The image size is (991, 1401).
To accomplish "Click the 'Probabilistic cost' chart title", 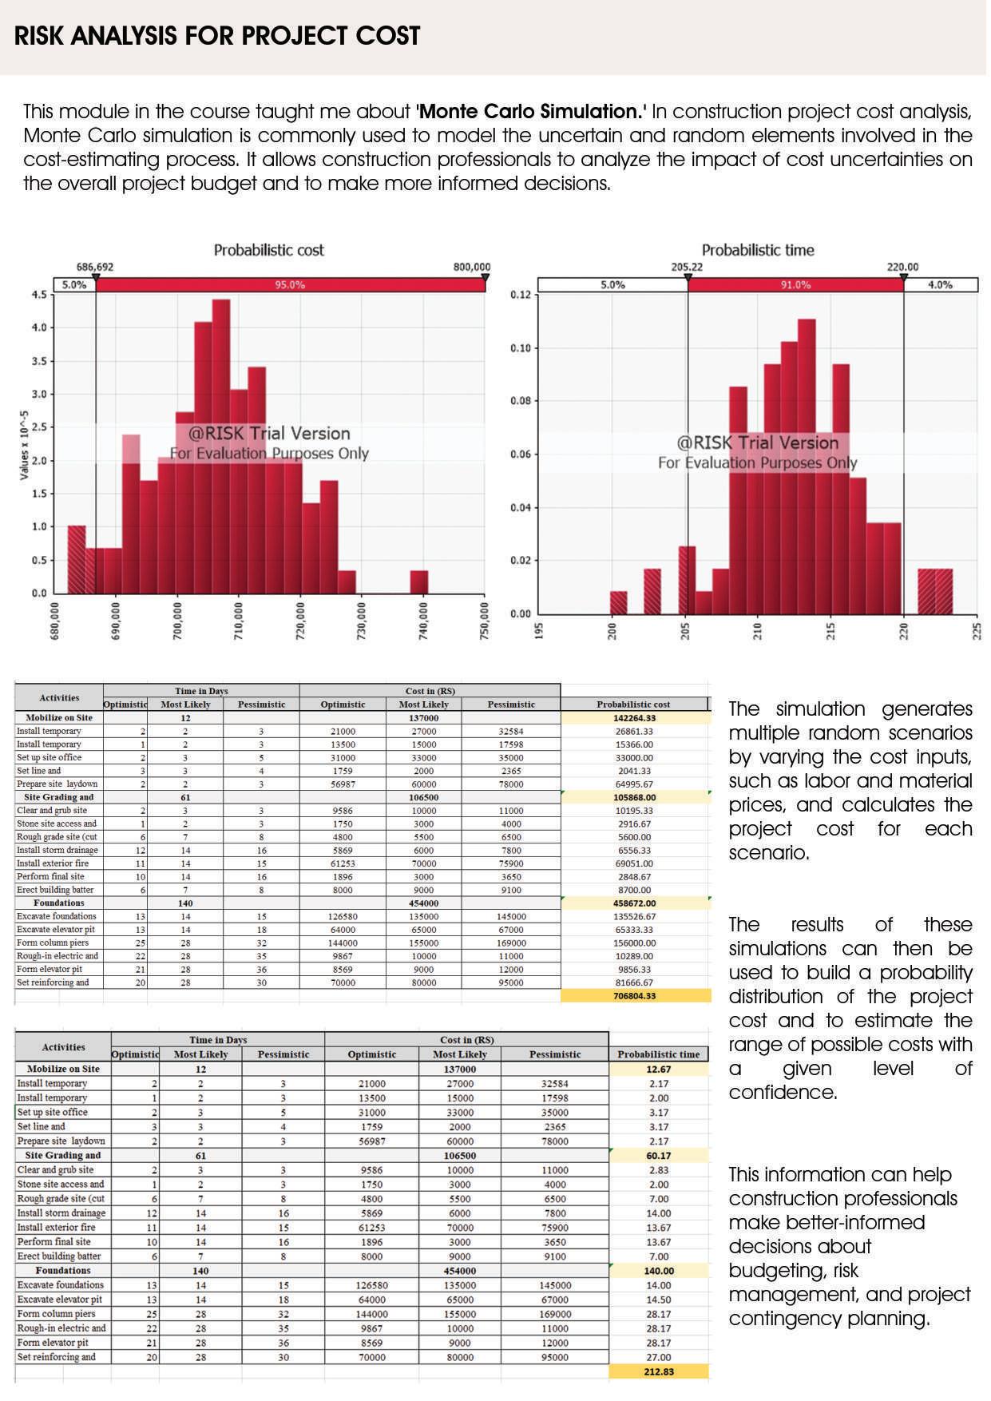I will [x=268, y=250].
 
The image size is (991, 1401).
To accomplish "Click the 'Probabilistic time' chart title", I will [x=757, y=250].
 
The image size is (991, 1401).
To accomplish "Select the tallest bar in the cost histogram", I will [x=221, y=447].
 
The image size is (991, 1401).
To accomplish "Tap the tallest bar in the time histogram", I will [x=807, y=463].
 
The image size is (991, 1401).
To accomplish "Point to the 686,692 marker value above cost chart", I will [x=94, y=267].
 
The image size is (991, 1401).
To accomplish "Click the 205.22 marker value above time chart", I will [x=687, y=267].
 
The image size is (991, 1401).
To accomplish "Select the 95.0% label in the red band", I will [x=289, y=284].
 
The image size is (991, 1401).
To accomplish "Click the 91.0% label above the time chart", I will [x=795, y=284].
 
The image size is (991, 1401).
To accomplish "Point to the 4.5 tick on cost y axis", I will [x=39, y=295].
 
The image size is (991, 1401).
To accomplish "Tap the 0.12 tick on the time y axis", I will [x=521, y=295].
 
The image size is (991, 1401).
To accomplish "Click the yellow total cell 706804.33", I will [x=635, y=996].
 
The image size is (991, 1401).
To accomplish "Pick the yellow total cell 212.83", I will [x=658, y=1371].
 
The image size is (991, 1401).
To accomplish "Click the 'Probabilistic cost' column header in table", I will [x=633, y=704].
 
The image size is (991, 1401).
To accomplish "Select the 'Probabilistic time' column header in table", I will [x=658, y=1054].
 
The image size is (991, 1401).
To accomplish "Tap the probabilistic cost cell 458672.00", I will [x=635, y=903].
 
